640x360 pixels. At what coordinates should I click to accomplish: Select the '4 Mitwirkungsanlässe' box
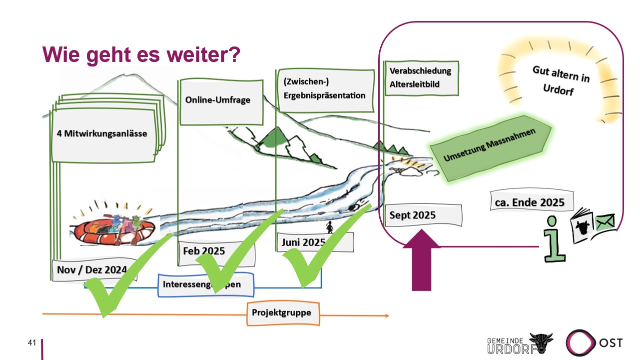102,133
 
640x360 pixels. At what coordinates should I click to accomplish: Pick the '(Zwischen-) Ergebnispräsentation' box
325,90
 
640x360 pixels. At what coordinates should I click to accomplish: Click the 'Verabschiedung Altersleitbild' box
421,77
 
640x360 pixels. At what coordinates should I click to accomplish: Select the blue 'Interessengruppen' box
205,284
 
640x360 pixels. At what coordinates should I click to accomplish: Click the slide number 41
32,343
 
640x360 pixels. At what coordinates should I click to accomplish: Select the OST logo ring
581,343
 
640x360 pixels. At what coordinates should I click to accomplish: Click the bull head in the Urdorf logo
542,343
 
